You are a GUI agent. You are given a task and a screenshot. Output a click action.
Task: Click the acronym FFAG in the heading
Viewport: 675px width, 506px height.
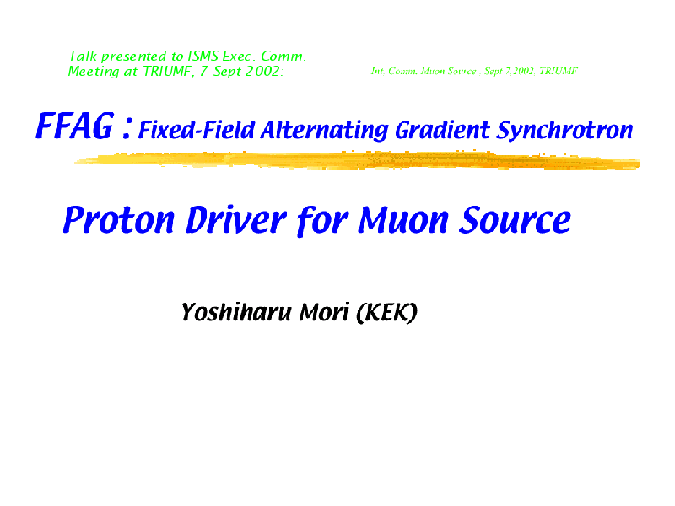point(74,126)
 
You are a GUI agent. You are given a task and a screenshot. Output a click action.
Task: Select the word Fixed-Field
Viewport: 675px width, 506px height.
point(197,130)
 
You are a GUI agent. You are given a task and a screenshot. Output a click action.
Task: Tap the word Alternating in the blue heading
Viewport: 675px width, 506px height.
point(325,131)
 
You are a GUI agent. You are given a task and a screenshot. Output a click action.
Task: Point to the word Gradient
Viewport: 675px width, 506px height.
point(442,130)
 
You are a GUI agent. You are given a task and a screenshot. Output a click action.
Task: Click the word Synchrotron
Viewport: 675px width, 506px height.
point(564,130)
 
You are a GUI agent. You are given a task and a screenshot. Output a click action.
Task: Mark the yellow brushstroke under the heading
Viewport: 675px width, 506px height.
point(357,160)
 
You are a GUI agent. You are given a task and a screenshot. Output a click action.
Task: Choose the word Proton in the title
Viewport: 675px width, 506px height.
point(119,219)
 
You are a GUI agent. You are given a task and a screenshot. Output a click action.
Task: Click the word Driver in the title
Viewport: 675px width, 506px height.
point(236,219)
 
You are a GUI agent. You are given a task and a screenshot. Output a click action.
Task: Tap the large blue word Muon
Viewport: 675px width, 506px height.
point(403,219)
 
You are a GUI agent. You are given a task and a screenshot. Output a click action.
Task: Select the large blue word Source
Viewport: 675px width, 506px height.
point(515,219)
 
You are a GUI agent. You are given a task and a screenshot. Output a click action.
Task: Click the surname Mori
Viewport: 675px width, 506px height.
point(324,312)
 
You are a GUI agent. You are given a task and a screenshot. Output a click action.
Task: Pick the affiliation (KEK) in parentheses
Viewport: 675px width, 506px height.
point(387,312)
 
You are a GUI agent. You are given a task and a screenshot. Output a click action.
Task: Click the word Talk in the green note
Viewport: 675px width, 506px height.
point(83,56)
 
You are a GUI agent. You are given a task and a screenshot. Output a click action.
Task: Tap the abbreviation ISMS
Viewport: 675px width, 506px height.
point(203,56)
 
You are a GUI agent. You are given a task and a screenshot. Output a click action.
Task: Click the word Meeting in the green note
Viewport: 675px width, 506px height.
point(94,72)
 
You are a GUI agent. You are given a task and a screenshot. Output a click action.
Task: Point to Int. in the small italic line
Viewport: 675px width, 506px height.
point(378,71)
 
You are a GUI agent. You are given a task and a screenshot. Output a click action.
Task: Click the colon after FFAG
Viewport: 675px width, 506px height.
point(127,129)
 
